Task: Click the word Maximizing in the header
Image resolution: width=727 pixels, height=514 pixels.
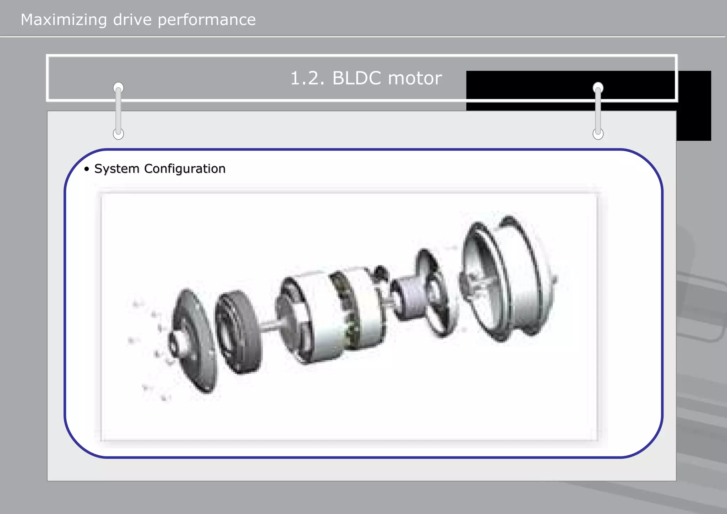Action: coord(64,20)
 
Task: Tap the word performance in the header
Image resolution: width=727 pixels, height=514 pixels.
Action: coord(206,20)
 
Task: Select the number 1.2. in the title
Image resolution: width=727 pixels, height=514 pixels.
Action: coord(307,78)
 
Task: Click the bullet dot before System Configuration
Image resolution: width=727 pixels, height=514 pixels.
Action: coord(87,169)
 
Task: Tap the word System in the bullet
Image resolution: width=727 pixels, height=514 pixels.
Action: coord(117,169)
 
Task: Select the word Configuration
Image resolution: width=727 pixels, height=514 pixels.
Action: coord(185,169)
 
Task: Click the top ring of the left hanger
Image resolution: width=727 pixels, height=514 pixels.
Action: coord(118,87)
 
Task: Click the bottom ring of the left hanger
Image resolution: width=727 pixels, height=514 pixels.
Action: coord(118,134)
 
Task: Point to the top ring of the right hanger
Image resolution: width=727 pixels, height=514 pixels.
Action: coord(598,87)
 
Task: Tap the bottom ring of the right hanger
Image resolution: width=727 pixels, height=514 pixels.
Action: coord(598,134)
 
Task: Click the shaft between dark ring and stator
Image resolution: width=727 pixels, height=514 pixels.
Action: coord(272,325)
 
